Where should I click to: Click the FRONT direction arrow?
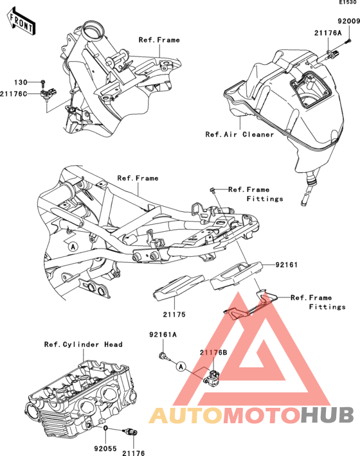pos(21,22)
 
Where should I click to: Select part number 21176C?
pos(14,94)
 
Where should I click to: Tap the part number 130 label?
pos(21,82)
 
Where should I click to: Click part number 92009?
pos(348,21)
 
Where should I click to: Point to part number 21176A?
pos(328,33)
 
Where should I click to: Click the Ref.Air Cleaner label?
pos(240,134)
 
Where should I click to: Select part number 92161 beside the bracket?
pos(286,265)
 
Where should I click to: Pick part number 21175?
pos(174,314)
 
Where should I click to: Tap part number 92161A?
pos(163,335)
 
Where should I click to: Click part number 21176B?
pos(213,353)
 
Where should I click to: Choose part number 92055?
pos(105,449)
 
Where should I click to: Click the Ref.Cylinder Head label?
pos(83,344)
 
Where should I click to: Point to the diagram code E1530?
pos(348,3)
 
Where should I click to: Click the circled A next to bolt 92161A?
pos(181,367)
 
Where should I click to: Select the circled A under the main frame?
pos(73,247)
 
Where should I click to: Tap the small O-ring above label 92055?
pos(106,428)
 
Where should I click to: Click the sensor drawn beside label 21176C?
pos(48,94)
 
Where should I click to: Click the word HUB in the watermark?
pos(327,416)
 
